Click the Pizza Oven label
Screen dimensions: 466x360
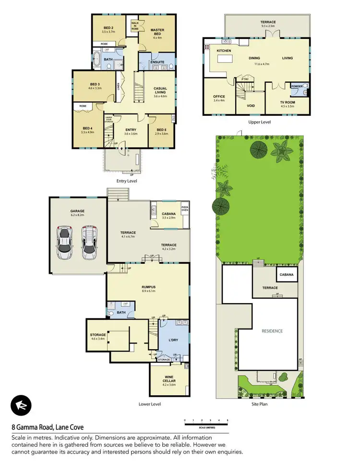pos(185,208)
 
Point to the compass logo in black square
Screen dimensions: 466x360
pos(21,405)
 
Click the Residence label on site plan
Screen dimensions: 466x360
pos(272,331)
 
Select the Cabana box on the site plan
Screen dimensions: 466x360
pos(287,275)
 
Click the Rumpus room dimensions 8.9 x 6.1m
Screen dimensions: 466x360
pos(148,291)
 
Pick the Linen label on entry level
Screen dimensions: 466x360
pos(118,86)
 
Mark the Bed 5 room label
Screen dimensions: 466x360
pos(161,129)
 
